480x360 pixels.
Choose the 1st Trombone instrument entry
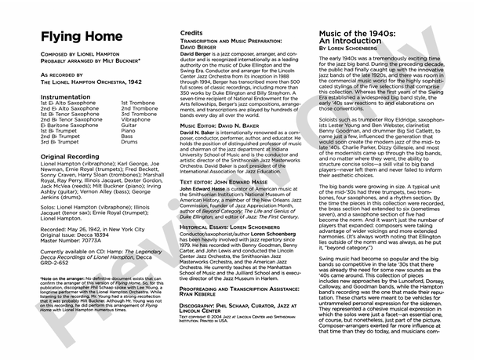[x=139, y=102]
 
